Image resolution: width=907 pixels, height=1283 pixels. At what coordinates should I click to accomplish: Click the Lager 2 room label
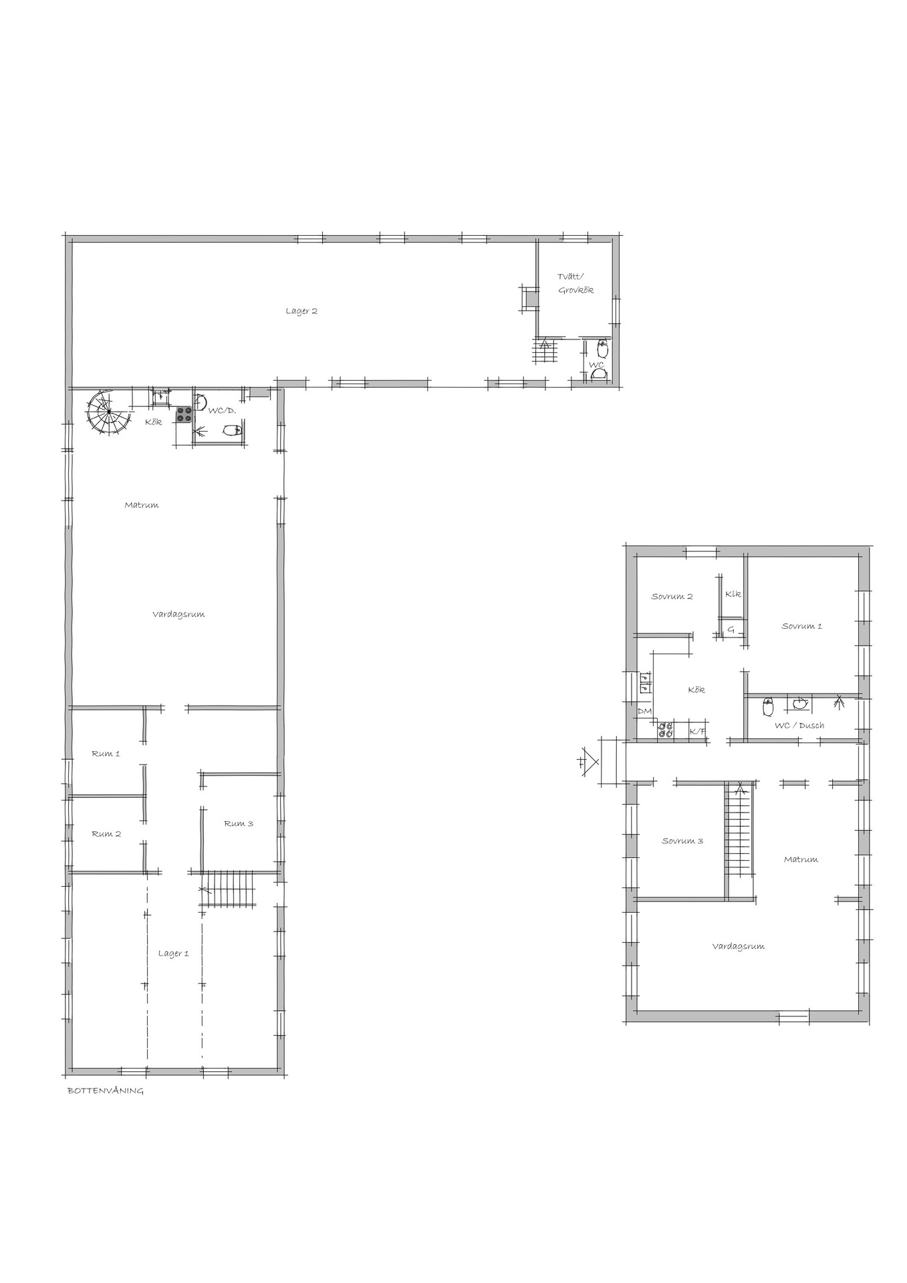pyautogui.click(x=301, y=311)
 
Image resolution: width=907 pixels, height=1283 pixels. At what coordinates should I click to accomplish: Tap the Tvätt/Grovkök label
pyautogui.click(x=575, y=283)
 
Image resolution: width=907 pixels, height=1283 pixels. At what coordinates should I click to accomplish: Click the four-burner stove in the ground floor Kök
pyautogui.click(x=184, y=415)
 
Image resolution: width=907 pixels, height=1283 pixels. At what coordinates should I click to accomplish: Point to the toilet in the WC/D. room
pyautogui.click(x=231, y=430)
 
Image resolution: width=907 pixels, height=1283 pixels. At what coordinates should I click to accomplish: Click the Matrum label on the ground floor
pyautogui.click(x=142, y=505)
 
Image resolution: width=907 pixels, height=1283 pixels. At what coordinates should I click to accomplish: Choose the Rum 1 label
pyautogui.click(x=106, y=754)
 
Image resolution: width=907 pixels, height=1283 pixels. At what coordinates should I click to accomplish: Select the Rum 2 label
pyautogui.click(x=106, y=834)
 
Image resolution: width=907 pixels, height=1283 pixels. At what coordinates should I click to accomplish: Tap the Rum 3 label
pyautogui.click(x=239, y=824)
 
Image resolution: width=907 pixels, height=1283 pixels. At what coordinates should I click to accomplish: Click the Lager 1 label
pyautogui.click(x=174, y=954)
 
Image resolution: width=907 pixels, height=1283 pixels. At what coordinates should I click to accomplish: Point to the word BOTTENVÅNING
pyautogui.click(x=106, y=1091)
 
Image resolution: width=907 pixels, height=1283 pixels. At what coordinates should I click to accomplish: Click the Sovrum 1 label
pyautogui.click(x=802, y=626)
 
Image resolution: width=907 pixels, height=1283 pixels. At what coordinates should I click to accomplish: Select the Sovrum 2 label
pyautogui.click(x=672, y=597)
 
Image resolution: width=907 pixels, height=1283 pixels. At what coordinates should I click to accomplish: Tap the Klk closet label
pyautogui.click(x=733, y=594)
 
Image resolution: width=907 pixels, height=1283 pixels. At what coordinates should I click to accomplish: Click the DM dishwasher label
pyautogui.click(x=644, y=712)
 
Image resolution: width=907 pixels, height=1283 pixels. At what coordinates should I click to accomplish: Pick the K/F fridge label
pyautogui.click(x=697, y=732)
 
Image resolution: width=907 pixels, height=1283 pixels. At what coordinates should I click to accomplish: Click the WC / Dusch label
pyautogui.click(x=799, y=726)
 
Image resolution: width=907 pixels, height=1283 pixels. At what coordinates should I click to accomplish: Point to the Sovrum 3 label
pyautogui.click(x=682, y=841)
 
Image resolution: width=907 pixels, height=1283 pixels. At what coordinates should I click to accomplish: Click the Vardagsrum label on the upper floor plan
pyautogui.click(x=739, y=947)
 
